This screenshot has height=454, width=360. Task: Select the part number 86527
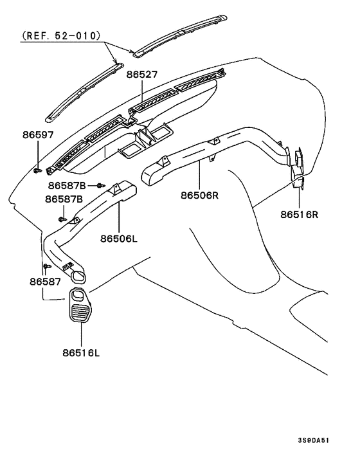coord(142,75)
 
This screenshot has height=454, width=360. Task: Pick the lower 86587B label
coord(64,199)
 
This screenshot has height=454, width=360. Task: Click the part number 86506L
coord(119,238)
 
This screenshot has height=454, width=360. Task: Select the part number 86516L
coord(82,352)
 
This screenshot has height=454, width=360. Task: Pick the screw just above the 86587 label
coord(46,266)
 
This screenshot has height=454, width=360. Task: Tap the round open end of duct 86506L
coord(78,278)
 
